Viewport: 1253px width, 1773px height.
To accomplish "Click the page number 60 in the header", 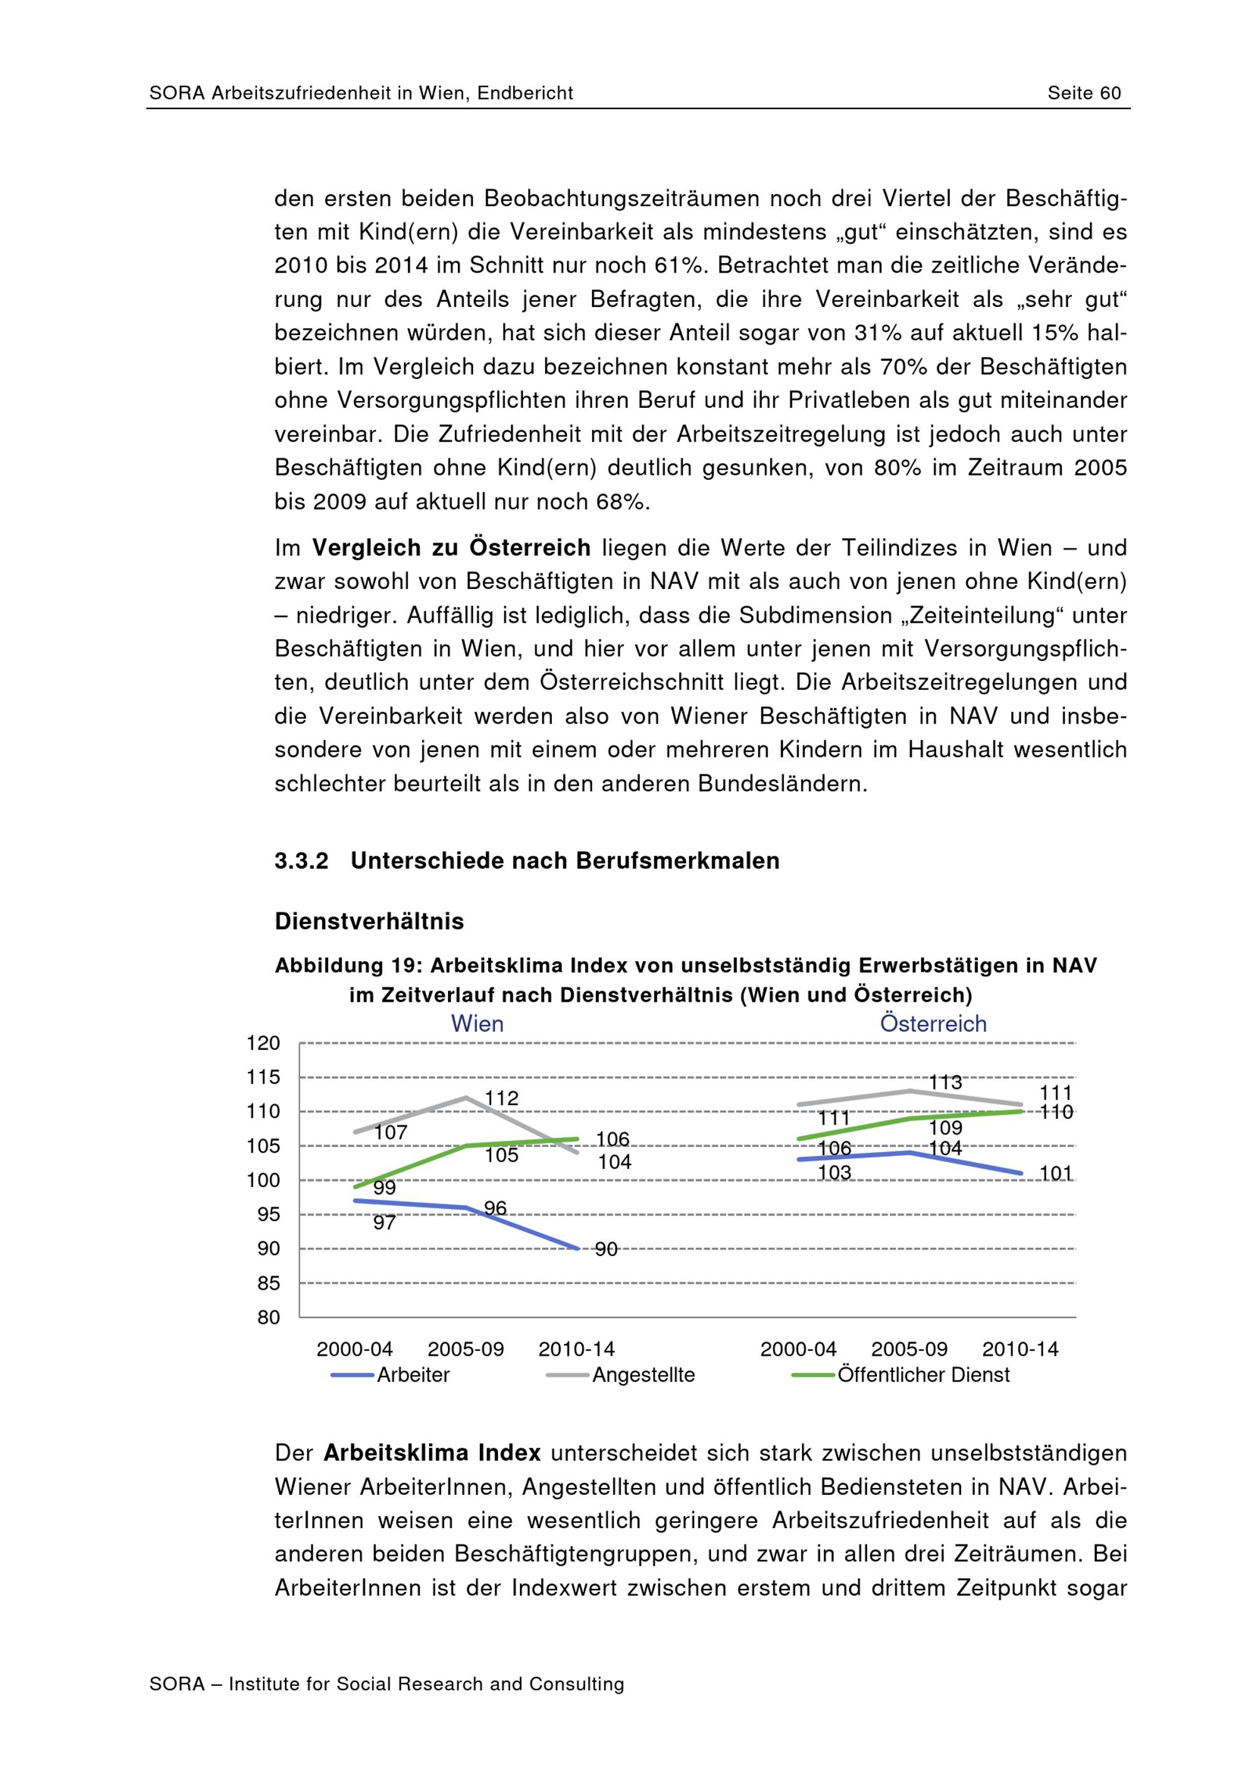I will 1110,93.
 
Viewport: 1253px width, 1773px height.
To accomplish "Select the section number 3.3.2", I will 301,861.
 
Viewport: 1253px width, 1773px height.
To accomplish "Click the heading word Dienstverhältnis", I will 369,921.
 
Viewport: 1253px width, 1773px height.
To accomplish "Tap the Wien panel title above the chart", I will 477,1024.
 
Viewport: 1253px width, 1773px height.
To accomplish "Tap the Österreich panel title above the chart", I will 933,1024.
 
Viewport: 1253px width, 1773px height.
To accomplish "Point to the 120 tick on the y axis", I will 263,1043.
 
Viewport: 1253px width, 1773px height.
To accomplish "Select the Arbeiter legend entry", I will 413,1375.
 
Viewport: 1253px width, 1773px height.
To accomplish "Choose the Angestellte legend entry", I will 643,1375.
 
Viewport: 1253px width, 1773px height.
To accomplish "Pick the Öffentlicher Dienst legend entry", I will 923,1375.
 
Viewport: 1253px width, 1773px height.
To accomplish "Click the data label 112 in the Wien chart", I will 501,1098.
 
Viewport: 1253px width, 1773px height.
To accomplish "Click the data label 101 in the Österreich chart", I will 1056,1174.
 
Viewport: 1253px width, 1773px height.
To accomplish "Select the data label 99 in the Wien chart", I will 385,1188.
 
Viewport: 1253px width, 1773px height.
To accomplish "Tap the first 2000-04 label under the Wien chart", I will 355,1349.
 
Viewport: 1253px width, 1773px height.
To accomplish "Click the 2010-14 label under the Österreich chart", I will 1020,1349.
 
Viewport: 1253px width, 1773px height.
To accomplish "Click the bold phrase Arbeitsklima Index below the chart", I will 432,1452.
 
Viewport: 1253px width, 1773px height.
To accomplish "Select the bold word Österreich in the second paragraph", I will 529,548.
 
